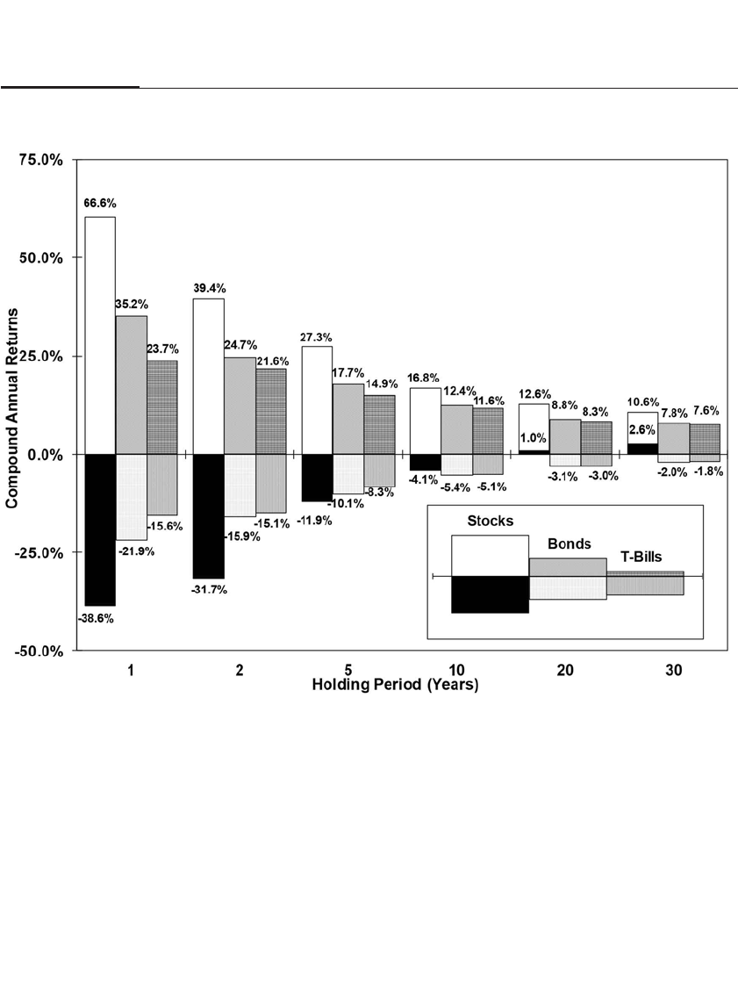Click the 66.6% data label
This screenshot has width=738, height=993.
pyautogui.click(x=100, y=203)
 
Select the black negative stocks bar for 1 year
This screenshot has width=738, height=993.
pyautogui.click(x=100, y=529)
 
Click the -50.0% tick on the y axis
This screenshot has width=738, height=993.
pyautogui.click(x=40, y=651)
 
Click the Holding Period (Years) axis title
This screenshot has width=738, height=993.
pyautogui.click(x=395, y=685)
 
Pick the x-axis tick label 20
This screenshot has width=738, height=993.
pyautogui.click(x=565, y=670)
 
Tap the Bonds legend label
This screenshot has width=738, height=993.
pyautogui.click(x=570, y=544)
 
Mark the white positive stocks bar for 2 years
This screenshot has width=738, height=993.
pyautogui.click(x=209, y=376)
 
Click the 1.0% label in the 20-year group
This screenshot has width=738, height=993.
pyautogui.click(x=534, y=438)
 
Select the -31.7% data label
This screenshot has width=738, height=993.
pyautogui.click(x=209, y=589)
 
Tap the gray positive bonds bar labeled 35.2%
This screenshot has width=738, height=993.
pyautogui.click(x=132, y=385)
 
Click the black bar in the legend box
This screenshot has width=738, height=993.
pyautogui.click(x=490, y=594)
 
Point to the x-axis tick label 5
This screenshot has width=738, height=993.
pyautogui.click(x=348, y=670)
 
